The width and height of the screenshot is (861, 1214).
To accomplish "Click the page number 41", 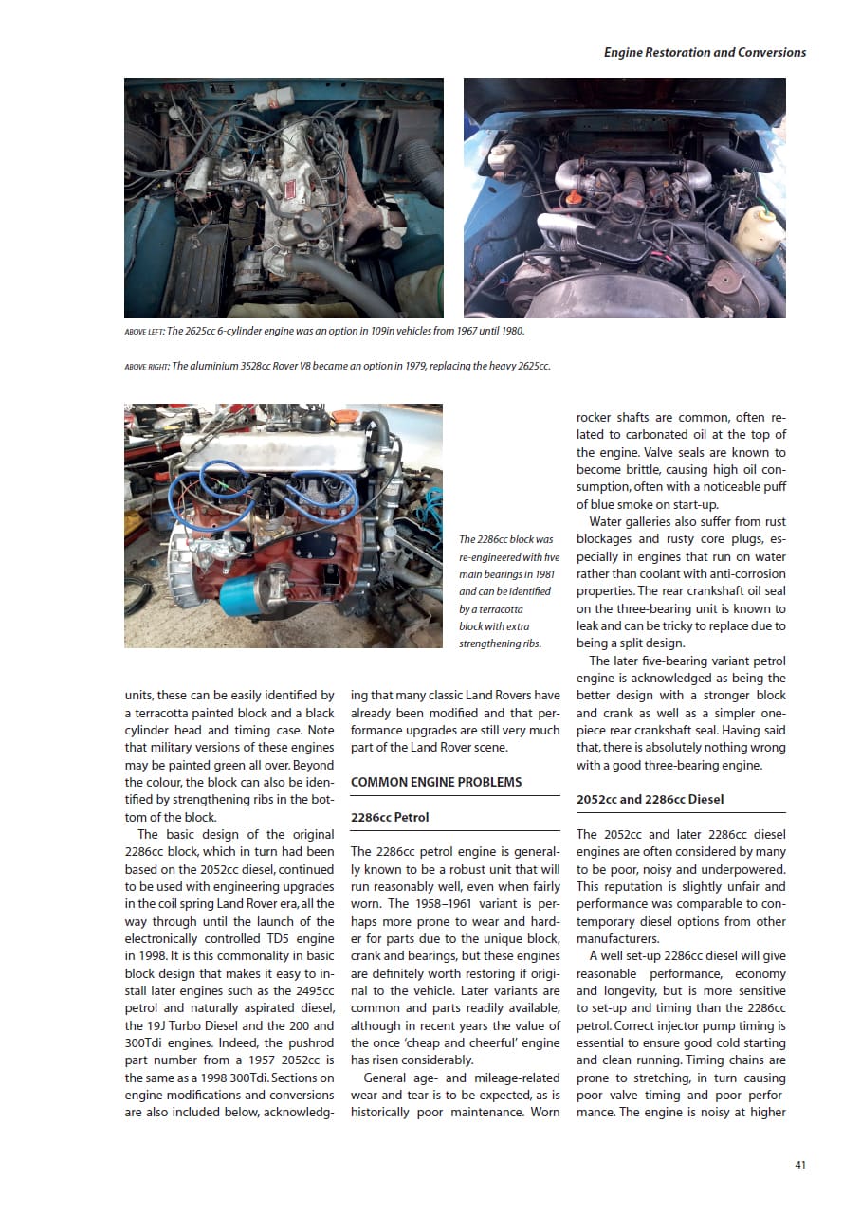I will click(x=800, y=1165).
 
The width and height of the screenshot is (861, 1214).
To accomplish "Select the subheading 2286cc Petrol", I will click(x=391, y=817).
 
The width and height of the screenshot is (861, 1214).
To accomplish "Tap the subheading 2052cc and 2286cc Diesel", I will click(x=650, y=799).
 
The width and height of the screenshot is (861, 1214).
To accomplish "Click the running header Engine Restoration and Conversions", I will click(x=705, y=52).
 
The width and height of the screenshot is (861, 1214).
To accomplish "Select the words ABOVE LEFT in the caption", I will click(x=143, y=331).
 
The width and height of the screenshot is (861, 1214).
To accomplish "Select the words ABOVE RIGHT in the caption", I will click(x=146, y=367).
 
